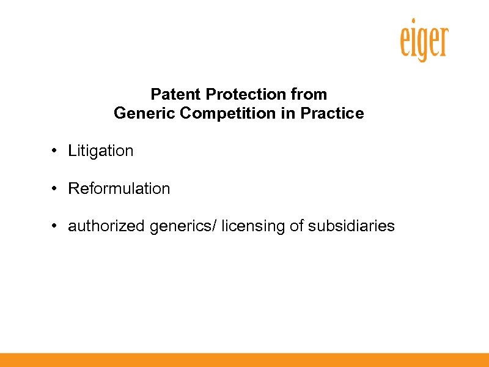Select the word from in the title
[310, 95]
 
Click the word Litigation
[100, 150]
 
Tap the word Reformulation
[119, 188]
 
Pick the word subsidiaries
[351, 226]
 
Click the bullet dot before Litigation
[54, 150]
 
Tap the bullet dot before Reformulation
[54, 188]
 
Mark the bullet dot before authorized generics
[54, 226]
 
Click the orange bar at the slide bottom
[244, 360]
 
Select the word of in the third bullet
[296, 226]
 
